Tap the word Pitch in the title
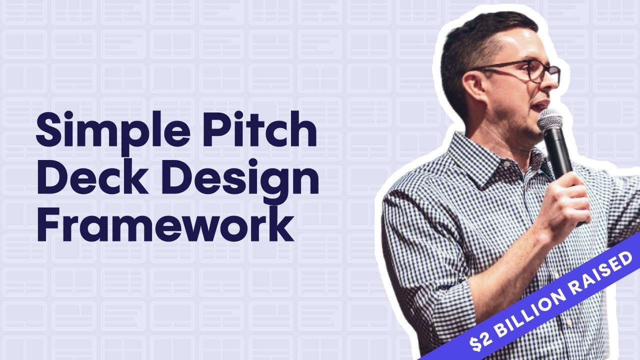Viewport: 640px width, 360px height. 269,129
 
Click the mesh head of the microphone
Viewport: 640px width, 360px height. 549,120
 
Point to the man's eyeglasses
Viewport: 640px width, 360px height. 530,70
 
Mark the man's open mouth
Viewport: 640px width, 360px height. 539,106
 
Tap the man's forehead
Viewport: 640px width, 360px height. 520,45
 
